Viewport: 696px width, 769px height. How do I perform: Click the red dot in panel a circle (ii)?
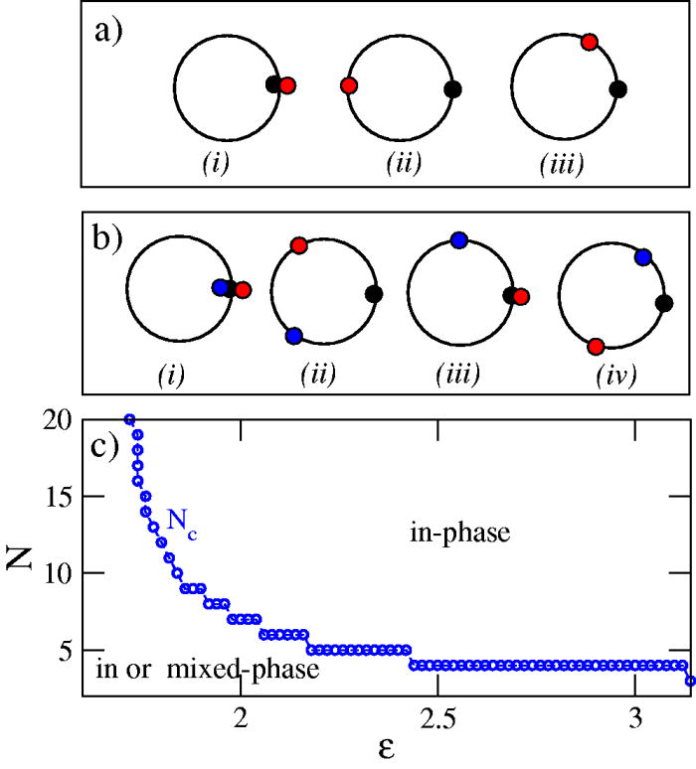coord(349,86)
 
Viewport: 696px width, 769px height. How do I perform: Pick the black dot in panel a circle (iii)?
coord(617,89)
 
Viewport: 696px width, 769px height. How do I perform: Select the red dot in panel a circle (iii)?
coord(589,42)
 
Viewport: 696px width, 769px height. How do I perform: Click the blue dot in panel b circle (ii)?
coord(293,337)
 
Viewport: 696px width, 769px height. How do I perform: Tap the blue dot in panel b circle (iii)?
coord(458,239)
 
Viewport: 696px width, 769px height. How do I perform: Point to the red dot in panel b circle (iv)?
coord(596,346)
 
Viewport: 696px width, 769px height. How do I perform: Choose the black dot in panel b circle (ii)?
coord(374,293)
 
